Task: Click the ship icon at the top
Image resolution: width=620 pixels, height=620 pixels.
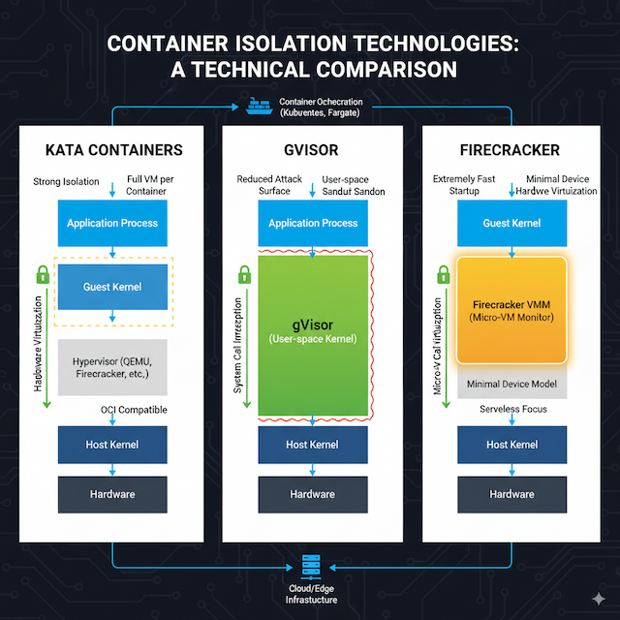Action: pyautogui.click(x=259, y=106)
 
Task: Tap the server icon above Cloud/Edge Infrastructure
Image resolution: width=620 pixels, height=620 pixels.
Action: pyautogui.click(x=311, y=565)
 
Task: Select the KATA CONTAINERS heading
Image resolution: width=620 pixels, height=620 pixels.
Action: pyautogui.click(x=114, y=151)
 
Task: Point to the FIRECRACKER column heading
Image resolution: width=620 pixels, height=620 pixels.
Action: pyautogui.click(x=511, y=151)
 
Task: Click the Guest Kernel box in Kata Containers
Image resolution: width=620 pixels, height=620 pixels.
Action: pyautogui.click(x=112, y=287)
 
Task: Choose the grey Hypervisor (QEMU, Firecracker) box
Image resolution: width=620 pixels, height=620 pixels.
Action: pyautogui.click(x=112, y=368)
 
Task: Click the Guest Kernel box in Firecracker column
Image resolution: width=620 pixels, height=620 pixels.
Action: pyautogui.click(x=511, y=223)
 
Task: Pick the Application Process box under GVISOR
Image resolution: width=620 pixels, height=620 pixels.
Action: pyautogui.click(x=313, y=223)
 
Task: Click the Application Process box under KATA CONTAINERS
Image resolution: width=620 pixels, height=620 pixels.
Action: pyautogui.click(x=112, y=223)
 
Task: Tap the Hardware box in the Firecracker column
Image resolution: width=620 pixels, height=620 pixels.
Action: pyautogui.click(x=511, y=494)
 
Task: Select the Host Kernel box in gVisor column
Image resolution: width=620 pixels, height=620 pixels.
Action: pyautogui.click(x=312, y=445)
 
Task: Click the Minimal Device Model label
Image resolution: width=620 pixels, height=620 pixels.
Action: pyautogui.click(x=511, y=385)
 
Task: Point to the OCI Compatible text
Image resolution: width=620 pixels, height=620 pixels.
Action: pyautogui.click(x=134, y=410)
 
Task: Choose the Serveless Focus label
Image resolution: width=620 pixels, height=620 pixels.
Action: pyautogui.click(x=511, y=410)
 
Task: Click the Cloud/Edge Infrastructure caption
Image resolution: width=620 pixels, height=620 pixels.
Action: pyautogui.click(x=311, y=594)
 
